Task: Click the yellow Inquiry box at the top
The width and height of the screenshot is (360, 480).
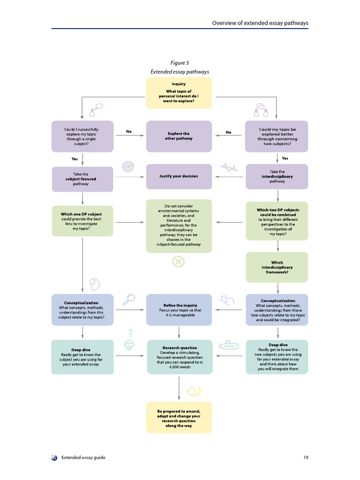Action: pyautogui.click(x=179, y=93)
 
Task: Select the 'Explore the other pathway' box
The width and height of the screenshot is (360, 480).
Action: pyautogui.click(x=179, y=136)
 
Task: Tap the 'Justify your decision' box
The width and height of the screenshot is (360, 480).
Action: pyautogui.click(x=179, y=176)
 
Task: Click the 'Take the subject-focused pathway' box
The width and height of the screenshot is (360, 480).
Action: pyautogui.click(x=82, y=179)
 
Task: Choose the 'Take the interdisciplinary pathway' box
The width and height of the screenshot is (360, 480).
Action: pyautogui.click(x=277, y=176)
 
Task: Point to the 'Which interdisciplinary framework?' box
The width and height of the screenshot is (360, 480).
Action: pyautogui.click(x=277, y=267)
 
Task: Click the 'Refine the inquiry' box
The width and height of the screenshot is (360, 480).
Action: pyautogui.click(x=179, y=310)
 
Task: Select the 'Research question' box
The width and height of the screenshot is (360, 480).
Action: pyautogui.click(x=179, y=357)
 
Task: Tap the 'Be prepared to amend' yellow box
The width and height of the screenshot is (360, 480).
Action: pyautogui.click(x=179, y=417)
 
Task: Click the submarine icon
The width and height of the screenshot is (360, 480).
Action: pyautogui.click(x=229, y=346)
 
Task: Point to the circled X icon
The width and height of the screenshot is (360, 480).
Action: pyautogui.click(x=179, y=261)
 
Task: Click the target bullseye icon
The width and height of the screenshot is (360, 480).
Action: pyautogui.click(x=128, y=166)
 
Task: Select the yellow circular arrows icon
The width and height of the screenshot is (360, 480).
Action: pyautogui.click(x=194, y=390)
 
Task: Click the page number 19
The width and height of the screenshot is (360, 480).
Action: pyautogui.click(x=305, y=457)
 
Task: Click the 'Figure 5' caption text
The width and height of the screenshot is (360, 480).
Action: pyautogui.click(x=180, y=63)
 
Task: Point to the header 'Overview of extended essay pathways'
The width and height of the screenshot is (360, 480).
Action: pyautogui.click(x=260, y=22)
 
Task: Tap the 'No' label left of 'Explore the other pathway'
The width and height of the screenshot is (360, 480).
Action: pyautogui.click(x=129, y=132)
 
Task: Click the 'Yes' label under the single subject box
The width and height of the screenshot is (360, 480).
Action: pyautogui.click(x=75, y=158)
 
